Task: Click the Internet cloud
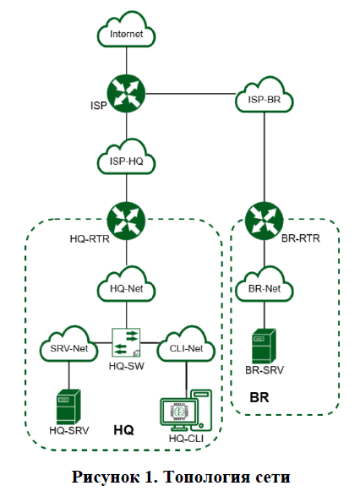click(x=126, y=35)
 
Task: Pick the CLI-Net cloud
click(x=184, y=346)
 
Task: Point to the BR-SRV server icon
click(x=264, y=346)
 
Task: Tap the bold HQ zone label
click(x=124, y=430)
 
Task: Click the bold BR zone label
click(x=259, y=396)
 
